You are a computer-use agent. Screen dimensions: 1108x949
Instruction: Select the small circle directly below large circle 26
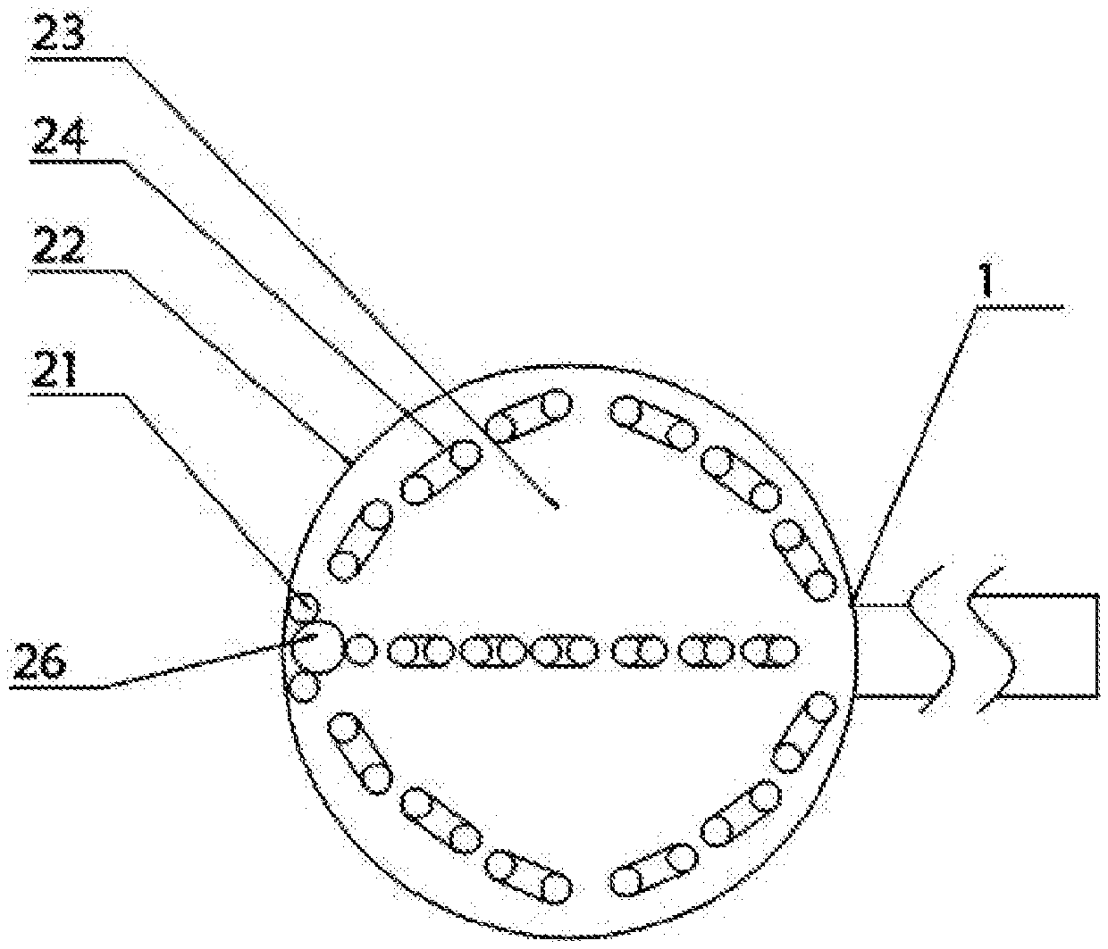[305, 687]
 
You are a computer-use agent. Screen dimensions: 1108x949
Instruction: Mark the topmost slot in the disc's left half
[531, 416]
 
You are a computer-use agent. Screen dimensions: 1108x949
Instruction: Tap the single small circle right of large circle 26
[360, 649]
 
